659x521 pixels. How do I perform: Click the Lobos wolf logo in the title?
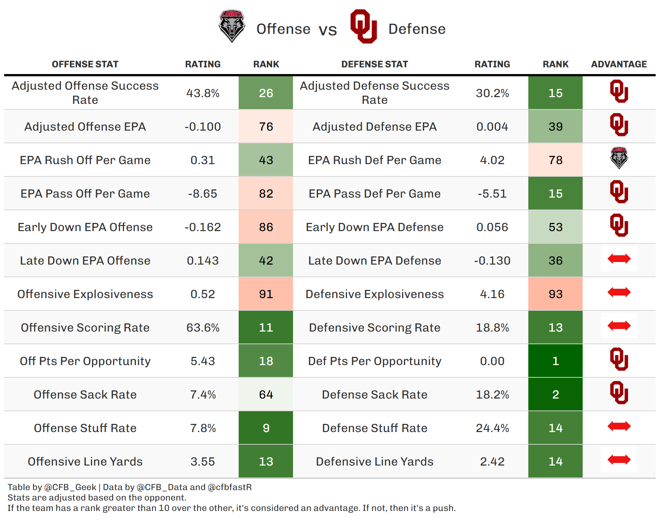(x=232, y=26)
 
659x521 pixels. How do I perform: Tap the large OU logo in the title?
(x=364, y=26)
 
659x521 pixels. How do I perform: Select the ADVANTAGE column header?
(x=619, y=64)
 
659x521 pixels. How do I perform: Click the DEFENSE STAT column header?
(x=375, y=64)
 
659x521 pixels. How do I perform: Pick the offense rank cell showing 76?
(x=266, y=127)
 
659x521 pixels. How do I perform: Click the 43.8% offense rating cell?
(x=203, y=93)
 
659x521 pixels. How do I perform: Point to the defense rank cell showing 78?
(x=555, y=160)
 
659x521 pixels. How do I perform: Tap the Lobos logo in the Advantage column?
(x=619, y=158)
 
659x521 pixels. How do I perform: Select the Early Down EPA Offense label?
(x=85, y=227)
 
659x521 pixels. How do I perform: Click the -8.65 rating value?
(x=203, y=194)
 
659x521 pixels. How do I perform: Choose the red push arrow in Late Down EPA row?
(x=619, y=259)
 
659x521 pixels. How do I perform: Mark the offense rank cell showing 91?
(x=266, y=294)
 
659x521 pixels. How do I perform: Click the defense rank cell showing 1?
(x=555, y=361)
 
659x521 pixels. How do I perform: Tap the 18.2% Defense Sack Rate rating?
(x=492, y=394)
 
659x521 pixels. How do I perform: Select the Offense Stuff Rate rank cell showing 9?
(x=266, y=428)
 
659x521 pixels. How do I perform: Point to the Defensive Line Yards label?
(x=375, y=461)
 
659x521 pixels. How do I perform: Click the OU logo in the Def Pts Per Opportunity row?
(x=619, y=359)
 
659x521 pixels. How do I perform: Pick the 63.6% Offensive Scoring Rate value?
(x=203, y=327)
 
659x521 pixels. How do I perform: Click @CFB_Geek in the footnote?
(x=70, y=487)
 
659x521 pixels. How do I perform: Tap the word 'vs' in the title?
(x=328, y=30)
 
